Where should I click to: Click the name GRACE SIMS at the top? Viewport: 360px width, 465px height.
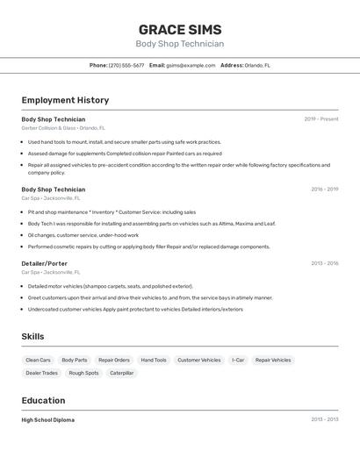[180, 30]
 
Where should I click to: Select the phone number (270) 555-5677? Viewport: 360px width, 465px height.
[126, 65]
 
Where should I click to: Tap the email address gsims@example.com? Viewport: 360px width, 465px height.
[191, 65]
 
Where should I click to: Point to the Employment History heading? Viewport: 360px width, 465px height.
[65, 100]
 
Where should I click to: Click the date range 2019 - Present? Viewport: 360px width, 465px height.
[320, 119]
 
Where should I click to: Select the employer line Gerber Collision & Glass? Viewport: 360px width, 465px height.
[62, 128]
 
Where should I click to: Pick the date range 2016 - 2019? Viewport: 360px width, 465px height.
[324, 190]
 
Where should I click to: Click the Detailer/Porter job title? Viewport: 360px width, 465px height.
[44, 263]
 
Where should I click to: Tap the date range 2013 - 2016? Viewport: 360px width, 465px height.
[324, 263]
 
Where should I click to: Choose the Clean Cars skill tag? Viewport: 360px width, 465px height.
[39, 360]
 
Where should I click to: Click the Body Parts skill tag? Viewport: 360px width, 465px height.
[75, 360]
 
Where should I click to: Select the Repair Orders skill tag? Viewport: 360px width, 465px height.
[114, 360]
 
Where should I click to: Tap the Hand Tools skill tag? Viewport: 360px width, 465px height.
[154, 360]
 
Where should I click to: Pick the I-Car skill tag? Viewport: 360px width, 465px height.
[238, 360]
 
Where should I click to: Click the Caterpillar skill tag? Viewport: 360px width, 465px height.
[122, 373]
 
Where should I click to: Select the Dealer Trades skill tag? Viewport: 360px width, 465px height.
[42, 373]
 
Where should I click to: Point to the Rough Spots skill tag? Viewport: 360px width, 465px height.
[84, 373]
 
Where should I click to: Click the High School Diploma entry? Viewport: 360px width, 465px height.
[47, 420]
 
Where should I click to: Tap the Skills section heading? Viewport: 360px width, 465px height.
[32, 336]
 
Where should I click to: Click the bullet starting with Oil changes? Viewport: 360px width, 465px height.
[83, 235]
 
